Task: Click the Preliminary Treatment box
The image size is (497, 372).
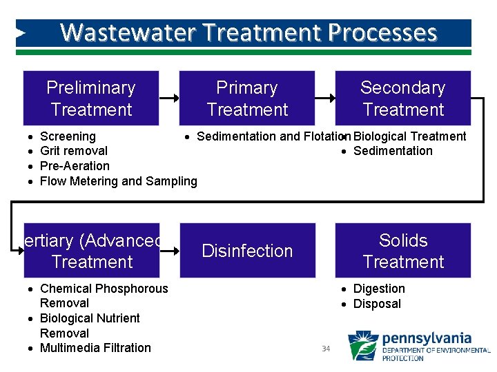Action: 91,98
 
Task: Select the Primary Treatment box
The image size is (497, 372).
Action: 247,98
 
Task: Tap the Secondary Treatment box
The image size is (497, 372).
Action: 403,98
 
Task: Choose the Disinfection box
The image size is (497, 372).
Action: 247,251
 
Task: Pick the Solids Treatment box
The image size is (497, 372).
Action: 403,251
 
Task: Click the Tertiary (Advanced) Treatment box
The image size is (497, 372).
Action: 91,251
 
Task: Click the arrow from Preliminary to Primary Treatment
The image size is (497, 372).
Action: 169,98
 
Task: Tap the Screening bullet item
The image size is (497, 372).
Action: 68,136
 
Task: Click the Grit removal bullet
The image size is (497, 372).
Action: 74,151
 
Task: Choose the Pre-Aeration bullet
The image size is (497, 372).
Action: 75,166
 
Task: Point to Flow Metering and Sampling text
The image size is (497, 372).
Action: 118,181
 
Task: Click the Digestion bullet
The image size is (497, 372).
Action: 379,289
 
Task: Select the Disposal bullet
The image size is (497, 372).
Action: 377,304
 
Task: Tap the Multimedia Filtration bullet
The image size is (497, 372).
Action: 95,348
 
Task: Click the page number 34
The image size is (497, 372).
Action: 327,349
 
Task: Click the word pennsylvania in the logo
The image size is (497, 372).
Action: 427,339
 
